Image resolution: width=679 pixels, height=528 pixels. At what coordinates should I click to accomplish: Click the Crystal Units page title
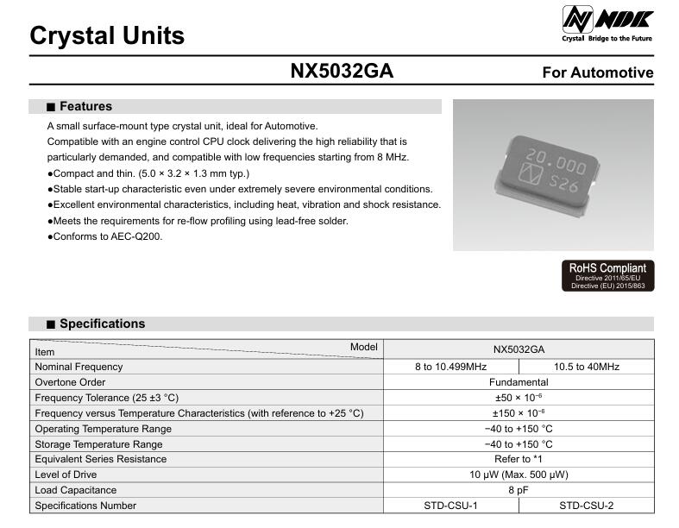(107, 36)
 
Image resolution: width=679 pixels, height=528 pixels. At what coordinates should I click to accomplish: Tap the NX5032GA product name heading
(342, 72)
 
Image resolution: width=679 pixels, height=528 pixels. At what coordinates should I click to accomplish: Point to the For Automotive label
(597, 73)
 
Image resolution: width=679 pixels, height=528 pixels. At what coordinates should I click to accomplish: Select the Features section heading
(85, 107)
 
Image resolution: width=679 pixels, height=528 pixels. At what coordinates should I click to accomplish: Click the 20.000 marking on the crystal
(556, 161)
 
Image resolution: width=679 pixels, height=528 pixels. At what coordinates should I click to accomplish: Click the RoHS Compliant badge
(607, 275)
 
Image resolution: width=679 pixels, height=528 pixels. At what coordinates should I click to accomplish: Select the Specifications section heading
(102, 324)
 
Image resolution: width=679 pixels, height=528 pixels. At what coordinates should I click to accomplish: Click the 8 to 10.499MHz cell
(450, 367)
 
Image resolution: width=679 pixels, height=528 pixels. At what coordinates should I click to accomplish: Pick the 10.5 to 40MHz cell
(586, 367)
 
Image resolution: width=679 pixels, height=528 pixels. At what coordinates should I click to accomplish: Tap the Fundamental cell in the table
(518, 382)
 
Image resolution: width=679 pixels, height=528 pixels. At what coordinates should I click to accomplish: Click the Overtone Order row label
(70, 382)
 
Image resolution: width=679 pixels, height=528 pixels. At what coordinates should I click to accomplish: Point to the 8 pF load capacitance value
(518, 490)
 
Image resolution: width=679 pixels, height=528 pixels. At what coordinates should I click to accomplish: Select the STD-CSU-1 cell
(450, 506)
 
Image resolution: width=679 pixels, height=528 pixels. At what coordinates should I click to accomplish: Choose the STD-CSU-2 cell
(586, 506)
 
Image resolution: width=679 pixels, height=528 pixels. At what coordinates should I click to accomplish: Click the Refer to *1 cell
(518, 459)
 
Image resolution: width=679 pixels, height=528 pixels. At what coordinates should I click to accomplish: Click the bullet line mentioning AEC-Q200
(106, 236)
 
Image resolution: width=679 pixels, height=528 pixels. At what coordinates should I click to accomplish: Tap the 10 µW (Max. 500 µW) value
(518, 475)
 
